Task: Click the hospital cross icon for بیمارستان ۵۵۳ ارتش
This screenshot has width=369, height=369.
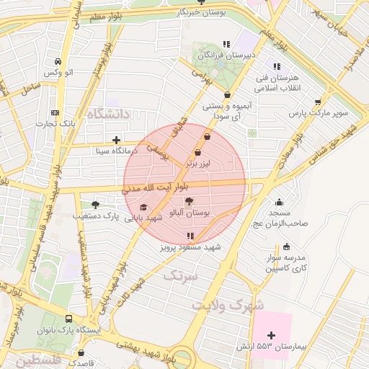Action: click(x=271, y=335)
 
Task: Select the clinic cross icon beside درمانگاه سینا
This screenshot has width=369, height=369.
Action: click(x=116, y=140)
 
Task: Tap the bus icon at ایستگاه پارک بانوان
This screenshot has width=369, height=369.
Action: click(x=69, y=319)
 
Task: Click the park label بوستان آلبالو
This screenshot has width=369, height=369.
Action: click(x=189, y=214)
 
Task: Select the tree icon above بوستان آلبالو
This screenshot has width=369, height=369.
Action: click(x=189, y=202)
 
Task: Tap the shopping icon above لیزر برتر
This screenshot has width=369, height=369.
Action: click(x=198, y=152)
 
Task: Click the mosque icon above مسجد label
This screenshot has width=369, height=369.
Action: click(x=279, y=202)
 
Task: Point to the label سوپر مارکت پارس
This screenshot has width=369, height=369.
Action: click(x=319, y=114)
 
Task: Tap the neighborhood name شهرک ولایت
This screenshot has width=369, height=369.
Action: click(x=228, y=305)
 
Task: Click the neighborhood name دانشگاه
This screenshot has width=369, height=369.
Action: click(x=108, y=114)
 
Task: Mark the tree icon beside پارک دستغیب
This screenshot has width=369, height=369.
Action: click(x=95, y=205)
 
